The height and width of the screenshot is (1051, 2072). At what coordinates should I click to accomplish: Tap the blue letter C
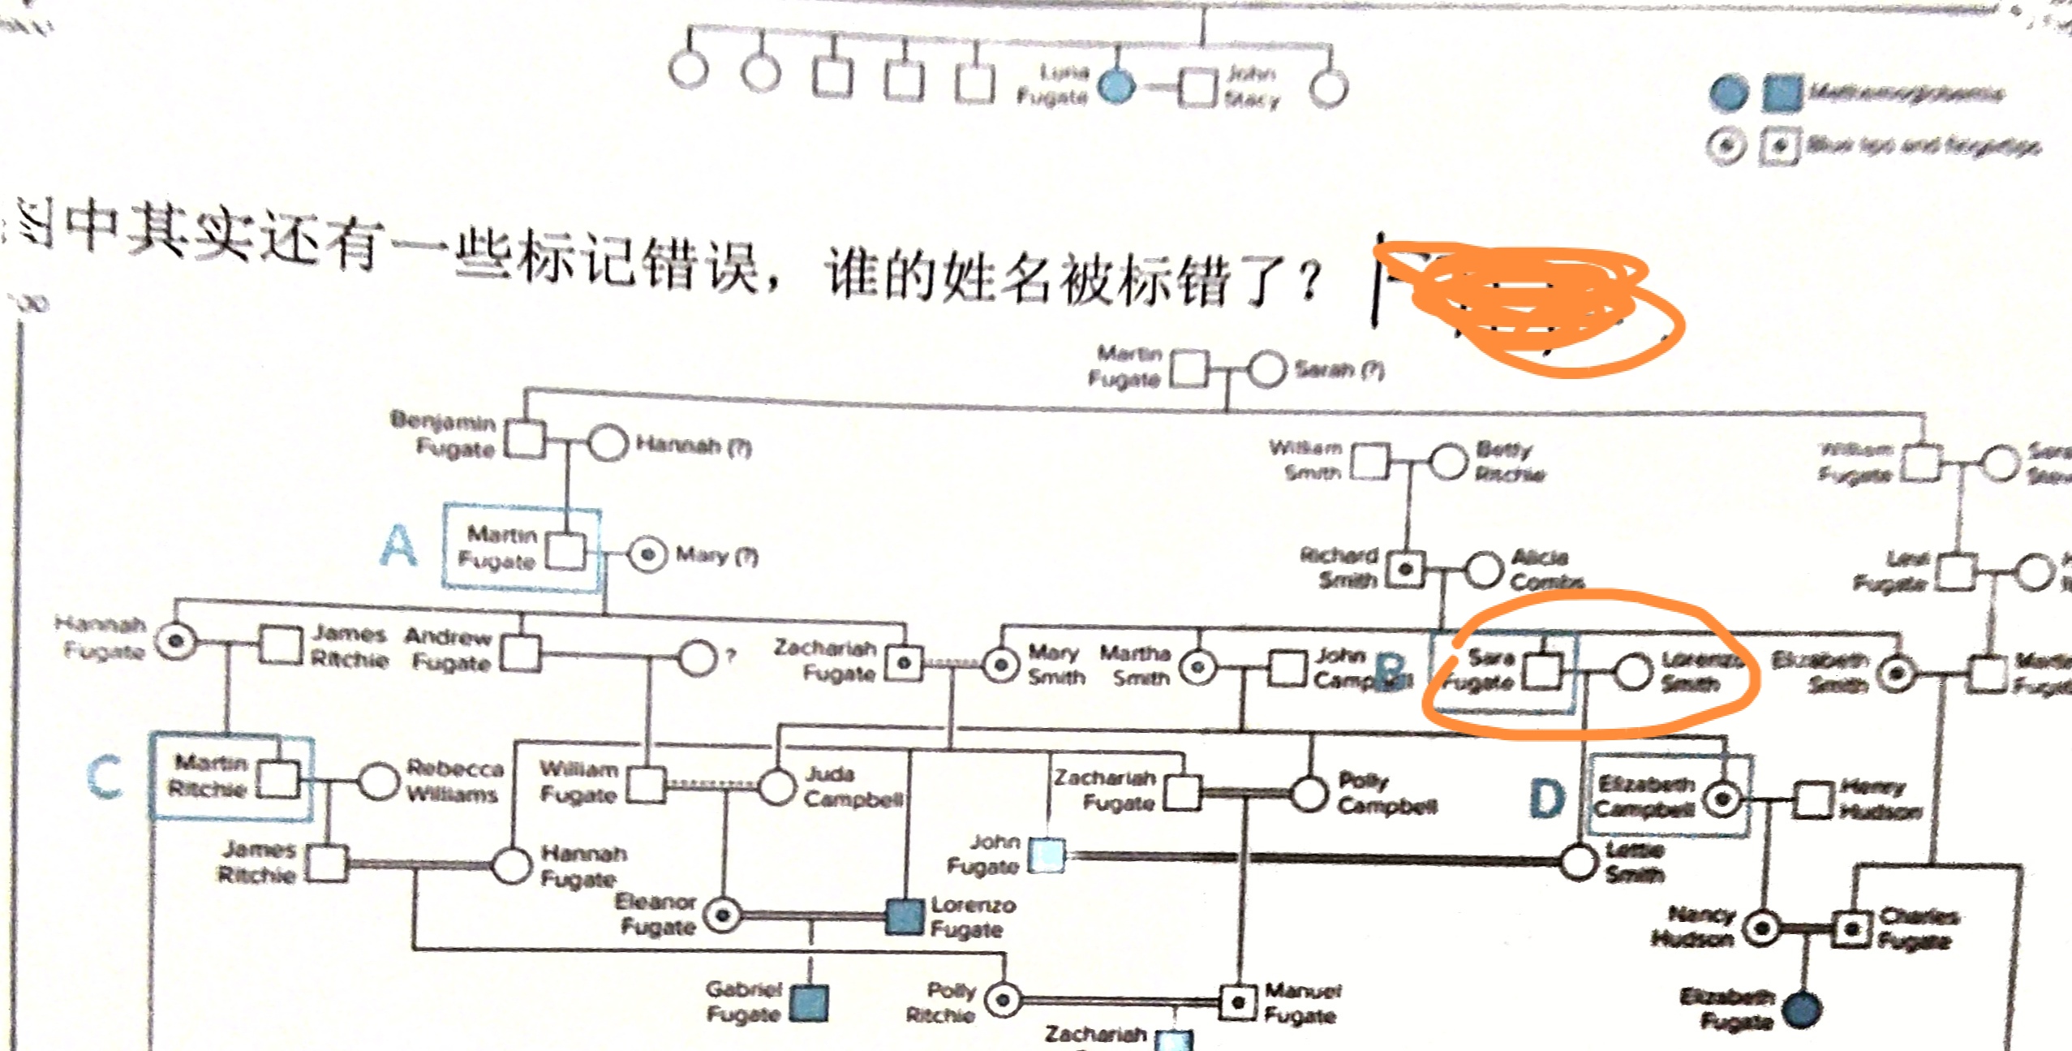point(105,777)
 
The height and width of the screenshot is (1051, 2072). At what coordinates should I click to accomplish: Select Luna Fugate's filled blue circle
point(1117,85)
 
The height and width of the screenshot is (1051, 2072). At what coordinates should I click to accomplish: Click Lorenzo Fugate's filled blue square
point(905,916)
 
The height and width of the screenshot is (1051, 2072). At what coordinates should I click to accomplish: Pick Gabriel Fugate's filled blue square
point(809,1003)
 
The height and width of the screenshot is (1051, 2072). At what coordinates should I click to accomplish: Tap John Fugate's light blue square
point(1047,855)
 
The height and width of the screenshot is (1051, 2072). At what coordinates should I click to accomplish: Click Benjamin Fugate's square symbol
point(525,440)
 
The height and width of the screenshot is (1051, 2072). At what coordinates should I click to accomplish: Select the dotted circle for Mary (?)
point(647,555)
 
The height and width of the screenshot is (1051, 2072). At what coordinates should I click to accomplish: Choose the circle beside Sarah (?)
point(1266,370)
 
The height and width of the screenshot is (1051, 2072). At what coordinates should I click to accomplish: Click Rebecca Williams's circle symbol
point(378,781)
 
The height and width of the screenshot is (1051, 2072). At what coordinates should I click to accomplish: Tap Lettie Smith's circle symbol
point(1579,862)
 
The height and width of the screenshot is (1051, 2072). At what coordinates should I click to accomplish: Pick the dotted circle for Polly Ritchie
point(1004,1000)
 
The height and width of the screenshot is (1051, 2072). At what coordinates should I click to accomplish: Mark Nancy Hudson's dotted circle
point(1761,928)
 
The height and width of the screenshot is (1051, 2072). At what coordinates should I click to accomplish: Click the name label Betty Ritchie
point(1510,461)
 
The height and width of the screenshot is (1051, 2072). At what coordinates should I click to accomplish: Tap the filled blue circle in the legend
point(1727,93)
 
